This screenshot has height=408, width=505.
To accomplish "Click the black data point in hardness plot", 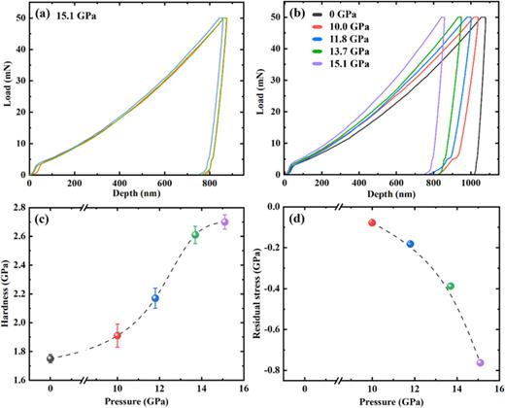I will [x=50, y=358].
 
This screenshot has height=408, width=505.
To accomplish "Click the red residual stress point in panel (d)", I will [x=372, y=222].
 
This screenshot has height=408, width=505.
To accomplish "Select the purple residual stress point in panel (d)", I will [x=480, y=362].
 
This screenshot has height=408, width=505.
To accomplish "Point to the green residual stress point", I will [x=450, y=287].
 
